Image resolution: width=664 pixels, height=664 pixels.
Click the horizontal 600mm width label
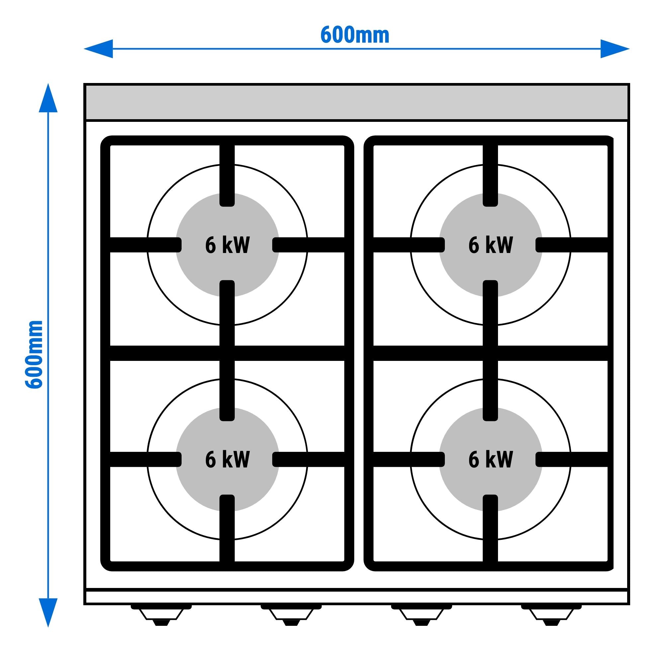355,35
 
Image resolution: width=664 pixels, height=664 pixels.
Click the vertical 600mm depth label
35,354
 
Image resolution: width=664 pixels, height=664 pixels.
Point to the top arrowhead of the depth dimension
48,98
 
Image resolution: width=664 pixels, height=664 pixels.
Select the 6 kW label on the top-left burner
227,245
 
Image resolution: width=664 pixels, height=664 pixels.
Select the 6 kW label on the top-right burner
490,245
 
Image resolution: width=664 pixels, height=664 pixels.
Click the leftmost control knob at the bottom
161,617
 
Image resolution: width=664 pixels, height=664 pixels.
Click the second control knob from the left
291,617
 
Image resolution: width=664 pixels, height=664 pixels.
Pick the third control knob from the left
421,617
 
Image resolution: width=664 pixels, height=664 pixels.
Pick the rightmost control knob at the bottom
551,617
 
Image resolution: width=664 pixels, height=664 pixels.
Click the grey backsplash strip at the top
357,102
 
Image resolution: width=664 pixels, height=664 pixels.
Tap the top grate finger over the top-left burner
227,175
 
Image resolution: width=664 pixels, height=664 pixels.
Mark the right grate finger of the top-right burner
572,245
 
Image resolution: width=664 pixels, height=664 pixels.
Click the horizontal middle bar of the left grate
227,353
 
